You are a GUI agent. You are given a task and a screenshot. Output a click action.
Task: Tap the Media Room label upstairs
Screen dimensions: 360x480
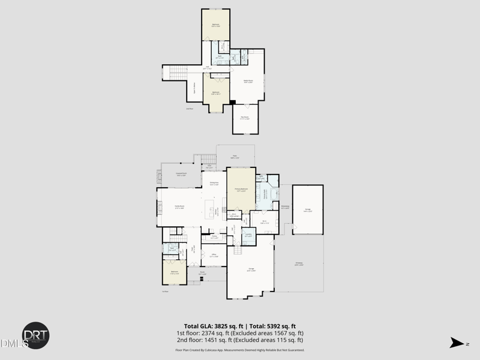coord(248,80)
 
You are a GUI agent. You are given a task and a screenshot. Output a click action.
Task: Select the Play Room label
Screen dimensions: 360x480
coord(245,117)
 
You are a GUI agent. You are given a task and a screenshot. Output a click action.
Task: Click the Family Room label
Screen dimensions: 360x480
coord(179,206)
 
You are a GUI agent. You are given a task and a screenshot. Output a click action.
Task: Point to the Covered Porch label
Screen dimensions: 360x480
coord(181,174)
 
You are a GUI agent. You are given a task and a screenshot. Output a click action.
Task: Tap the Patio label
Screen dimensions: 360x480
coord(235,157)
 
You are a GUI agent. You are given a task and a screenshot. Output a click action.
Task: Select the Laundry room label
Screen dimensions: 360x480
coord(248,235)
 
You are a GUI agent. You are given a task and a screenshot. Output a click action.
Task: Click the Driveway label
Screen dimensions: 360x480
coord(299,264)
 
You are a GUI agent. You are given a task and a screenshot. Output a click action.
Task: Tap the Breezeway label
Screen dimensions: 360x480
coord(285,207)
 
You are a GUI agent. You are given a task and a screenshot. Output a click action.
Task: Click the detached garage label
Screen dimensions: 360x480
coord(307,209)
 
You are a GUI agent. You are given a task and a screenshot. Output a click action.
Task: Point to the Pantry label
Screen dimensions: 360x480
coord(214,237)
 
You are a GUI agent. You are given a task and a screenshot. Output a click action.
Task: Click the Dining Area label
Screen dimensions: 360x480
coord(214,184)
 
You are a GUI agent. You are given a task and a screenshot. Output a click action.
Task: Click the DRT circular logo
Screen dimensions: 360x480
coord(36,335)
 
